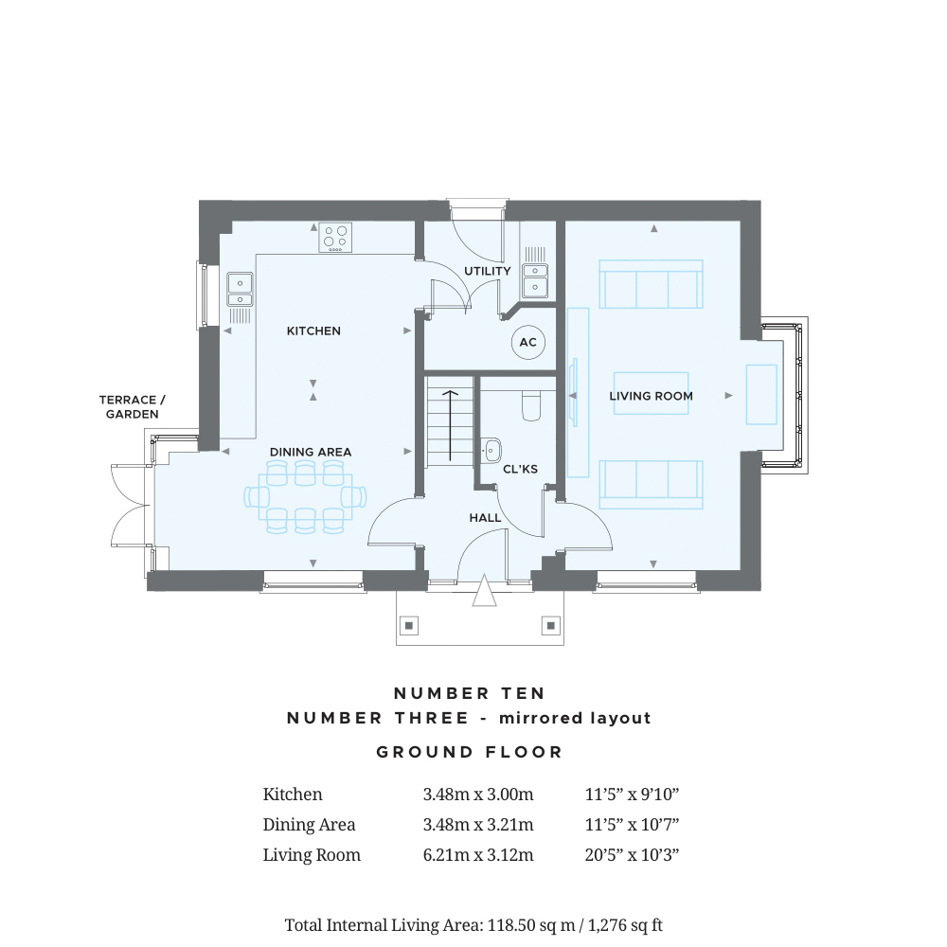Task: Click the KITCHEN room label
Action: pos(313,331)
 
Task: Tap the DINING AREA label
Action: pos(311,452)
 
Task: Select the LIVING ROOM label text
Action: pos(652,396)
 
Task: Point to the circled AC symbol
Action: pos(527,343)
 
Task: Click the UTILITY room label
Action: pos(488,271)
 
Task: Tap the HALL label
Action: pos(485,518)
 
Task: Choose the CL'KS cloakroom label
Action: pos(520,469)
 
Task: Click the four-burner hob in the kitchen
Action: pos(335,238)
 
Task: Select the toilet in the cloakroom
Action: pos(531,404)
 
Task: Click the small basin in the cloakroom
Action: pos(491,451)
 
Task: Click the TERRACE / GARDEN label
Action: pos(133,407)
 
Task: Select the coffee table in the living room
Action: pos(652,393)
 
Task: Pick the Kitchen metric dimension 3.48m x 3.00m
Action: pos(478,795)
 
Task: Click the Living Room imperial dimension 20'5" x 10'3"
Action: pos(632,855)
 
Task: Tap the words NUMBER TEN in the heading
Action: pos(470,693)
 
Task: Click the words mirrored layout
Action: pos(575,718)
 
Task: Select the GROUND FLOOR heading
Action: pos(470,752)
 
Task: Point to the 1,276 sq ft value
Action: pos(625,925)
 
